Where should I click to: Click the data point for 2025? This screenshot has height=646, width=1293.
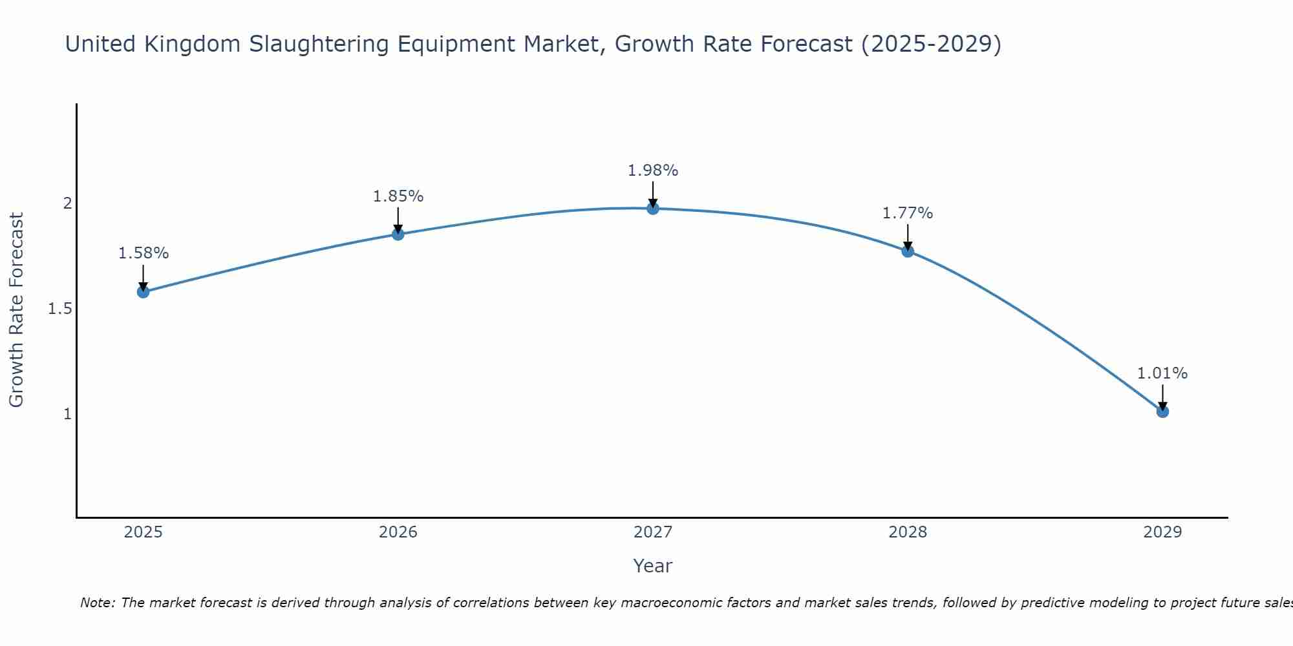click(x=144, y=292)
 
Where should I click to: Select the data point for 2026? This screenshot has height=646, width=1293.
click(x=398, y=234)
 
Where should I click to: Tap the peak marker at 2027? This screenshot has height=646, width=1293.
click(x=653, y=208)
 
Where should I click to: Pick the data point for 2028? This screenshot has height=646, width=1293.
click(x=908, y=251)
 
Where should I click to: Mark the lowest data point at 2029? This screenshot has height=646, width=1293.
click(x=1162, y=412)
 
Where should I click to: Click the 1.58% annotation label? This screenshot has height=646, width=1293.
click(x=144, y=253)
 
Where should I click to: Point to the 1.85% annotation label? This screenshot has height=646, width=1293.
click(x=398, y=196)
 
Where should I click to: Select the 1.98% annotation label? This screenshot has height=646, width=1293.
click(x=653, y=171)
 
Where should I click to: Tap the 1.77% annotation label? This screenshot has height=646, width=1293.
click(x=908, y=213)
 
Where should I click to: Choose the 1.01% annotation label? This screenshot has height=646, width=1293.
click(x=1162, y=373)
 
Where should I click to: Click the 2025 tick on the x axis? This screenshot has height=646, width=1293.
click(x=144, y=532)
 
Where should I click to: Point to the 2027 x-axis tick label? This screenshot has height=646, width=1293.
click(x=653, y=532)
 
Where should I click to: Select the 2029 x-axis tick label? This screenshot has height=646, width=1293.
click(x=1162, y=532)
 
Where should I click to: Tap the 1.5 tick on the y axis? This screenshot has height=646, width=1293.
click(x=60, y=309)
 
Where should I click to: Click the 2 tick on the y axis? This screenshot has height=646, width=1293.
click(x=67, y=203)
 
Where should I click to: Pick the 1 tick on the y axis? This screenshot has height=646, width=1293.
click(x=67, y=414)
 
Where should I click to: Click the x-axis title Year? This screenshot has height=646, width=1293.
click(x=653, y=566)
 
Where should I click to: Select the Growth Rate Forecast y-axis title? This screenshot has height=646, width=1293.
click(x=17, y=310)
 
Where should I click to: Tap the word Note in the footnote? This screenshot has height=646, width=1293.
click(x=97, y=603)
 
